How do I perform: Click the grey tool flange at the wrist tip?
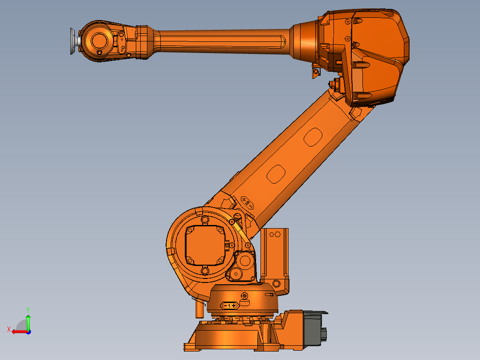[x=72, y=41]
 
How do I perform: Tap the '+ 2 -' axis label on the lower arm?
[x=247, y=202]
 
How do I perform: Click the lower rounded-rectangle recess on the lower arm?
[x=276, y=173]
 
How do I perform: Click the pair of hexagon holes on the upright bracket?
[x=273, y=233]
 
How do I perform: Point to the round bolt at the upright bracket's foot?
[x=276, y=283]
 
